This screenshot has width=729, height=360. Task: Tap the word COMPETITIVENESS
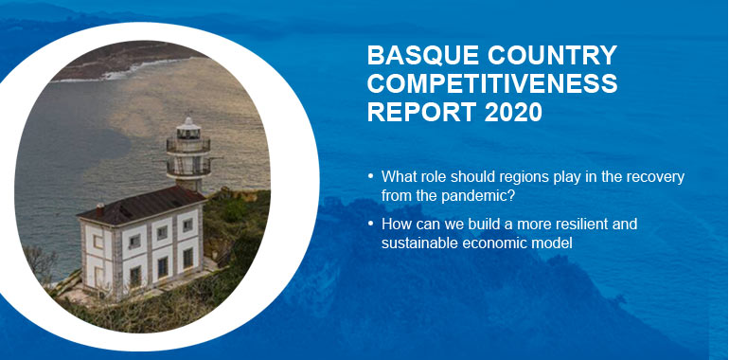coord(491,84)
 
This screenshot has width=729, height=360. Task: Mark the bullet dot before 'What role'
coord(369,178)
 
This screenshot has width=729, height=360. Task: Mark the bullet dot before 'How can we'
coord(369,225)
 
